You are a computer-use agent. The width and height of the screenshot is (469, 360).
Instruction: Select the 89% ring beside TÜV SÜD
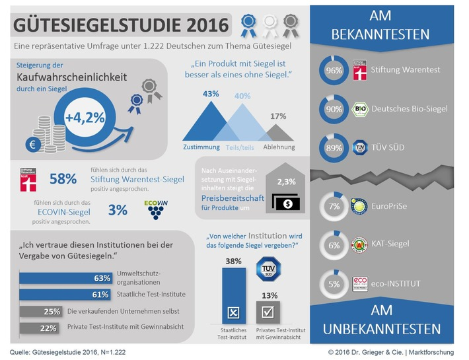pyautogui.click(x=334, y=147)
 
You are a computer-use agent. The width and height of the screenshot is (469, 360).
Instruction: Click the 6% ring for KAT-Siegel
pyautogui.click(x=334, y=244)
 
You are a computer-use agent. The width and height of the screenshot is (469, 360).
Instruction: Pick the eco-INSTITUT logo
pyautogui.click(x=361, y=284)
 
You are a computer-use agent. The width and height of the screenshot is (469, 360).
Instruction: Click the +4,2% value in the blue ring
pyautogui.click(x=85, y=119)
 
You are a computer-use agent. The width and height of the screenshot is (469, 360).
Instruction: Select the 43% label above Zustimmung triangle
pyautogui.click(x=211, y=94)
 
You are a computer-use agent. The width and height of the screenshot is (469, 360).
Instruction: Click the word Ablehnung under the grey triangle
pyautogui.click(x=279, y=147)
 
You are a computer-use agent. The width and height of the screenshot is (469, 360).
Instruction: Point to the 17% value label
pyautogui.click(x=278, y=116)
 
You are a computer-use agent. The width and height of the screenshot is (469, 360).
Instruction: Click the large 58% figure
pyautogui.click(x=63, y=179)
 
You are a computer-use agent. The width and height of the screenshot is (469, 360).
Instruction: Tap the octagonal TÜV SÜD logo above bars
pyautogui.click(x=268, y=270)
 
